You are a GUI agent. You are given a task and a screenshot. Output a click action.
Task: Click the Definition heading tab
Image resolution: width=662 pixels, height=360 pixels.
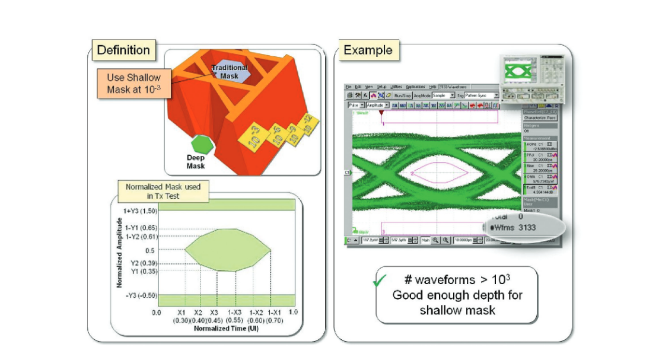click(123, 50)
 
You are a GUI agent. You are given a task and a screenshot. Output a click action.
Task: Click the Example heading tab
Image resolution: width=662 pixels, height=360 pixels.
click(368, 50)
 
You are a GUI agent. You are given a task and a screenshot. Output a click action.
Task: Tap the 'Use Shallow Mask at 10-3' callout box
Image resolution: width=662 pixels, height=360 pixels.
click(133, 84)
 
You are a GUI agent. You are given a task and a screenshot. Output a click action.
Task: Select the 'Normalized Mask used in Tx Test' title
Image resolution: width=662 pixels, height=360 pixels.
click(163, 191)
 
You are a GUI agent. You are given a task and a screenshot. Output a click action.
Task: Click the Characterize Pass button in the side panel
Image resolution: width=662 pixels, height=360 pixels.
click(540, 118)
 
